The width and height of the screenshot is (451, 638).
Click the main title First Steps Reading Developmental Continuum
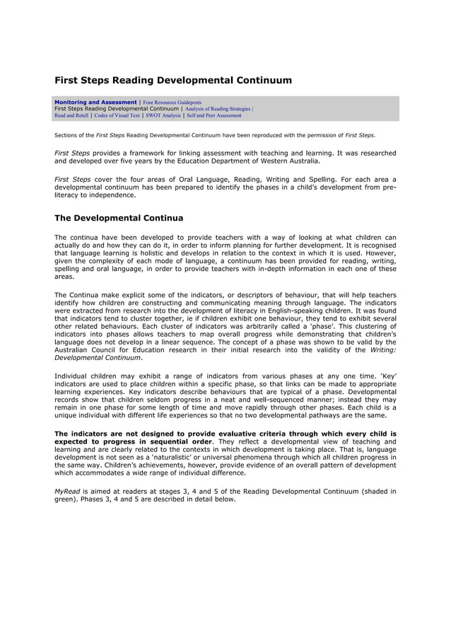point(173,81)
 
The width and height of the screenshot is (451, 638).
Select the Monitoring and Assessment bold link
point(95,102)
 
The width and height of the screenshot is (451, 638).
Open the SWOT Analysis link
point(163,115)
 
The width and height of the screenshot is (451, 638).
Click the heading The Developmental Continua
point(119,218)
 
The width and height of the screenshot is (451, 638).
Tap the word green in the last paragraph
point(66,499)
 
